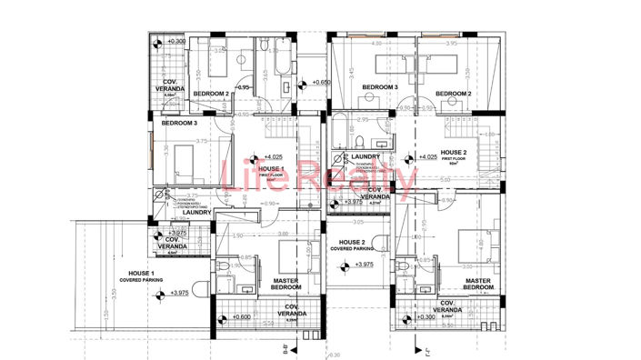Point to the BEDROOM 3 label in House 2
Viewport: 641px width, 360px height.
[x=380, y=87]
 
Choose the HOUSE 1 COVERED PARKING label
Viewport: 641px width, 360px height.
[x=140, y=277]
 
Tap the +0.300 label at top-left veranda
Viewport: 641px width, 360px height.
[x=174, y=41]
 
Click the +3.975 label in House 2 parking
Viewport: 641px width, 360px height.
[x=363, y=265]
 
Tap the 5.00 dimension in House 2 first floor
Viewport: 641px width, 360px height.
[x=446, y=180]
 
